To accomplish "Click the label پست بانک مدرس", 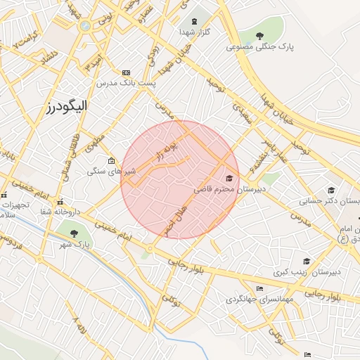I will coord(127,83).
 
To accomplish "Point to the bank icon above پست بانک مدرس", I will coord(126,72).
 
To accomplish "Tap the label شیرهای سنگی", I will coord(111,171).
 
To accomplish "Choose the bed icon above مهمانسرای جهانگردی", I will coord(260,288).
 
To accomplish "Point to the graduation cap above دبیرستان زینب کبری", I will coord(307,261).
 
